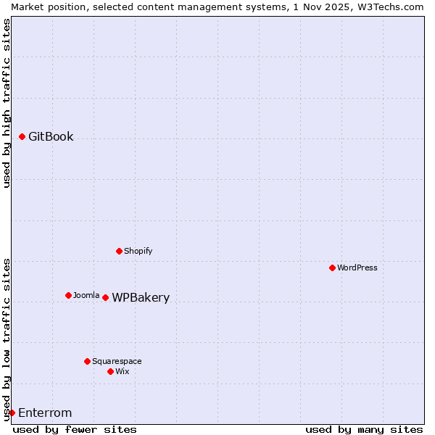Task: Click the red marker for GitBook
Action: [x=22, y=136]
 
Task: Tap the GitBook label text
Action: [x=51, y=136]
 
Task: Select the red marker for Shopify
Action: [x=120, y=251]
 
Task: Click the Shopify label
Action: [x=138, y=251]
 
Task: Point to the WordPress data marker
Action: [x=333, y=268]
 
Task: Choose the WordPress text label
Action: [x=357, y=268]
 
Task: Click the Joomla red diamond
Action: [x=69, y=295]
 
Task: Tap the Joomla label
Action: [x=86, y=295]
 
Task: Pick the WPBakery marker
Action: [x=106, y=297]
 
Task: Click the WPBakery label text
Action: [x=141, y=297]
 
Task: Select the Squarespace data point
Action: [x=88, y=361]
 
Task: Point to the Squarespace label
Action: [x=117, y=361]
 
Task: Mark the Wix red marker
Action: [x=111, y=371]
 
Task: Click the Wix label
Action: [x=123, y=371]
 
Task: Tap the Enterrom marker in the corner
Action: [x=12, y=413]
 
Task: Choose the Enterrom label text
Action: [x=45, y=413]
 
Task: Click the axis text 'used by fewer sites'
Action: [x=75, y=429]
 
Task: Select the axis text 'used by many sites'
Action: [x=364, y=429]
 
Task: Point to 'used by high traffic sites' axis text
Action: [x=7, y=103]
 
